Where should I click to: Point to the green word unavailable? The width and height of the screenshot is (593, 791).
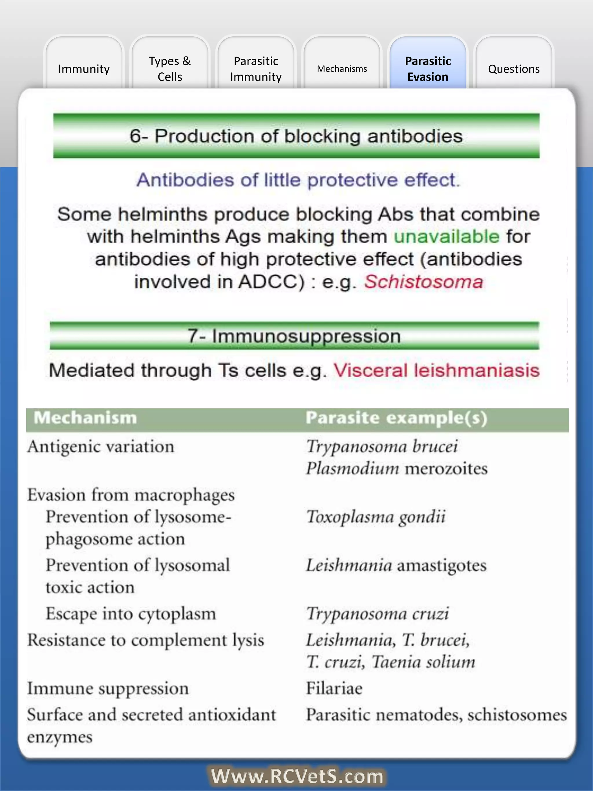(446, 236)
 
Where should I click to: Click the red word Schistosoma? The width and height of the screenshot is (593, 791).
(424, 282)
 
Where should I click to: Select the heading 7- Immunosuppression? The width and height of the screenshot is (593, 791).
(294, 336)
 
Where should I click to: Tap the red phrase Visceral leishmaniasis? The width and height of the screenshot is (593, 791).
(436, 370)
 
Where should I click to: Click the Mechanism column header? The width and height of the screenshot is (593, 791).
(85, 418)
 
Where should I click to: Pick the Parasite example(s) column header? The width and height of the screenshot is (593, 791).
(396, 418)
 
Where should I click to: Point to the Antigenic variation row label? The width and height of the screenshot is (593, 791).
(101, 446)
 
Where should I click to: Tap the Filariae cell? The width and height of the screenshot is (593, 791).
(334, 688)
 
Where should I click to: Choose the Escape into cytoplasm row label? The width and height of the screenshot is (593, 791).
(131, 614)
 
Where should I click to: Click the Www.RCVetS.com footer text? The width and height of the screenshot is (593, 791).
(297, 776)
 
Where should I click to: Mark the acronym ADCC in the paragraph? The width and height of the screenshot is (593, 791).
(272, 282)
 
